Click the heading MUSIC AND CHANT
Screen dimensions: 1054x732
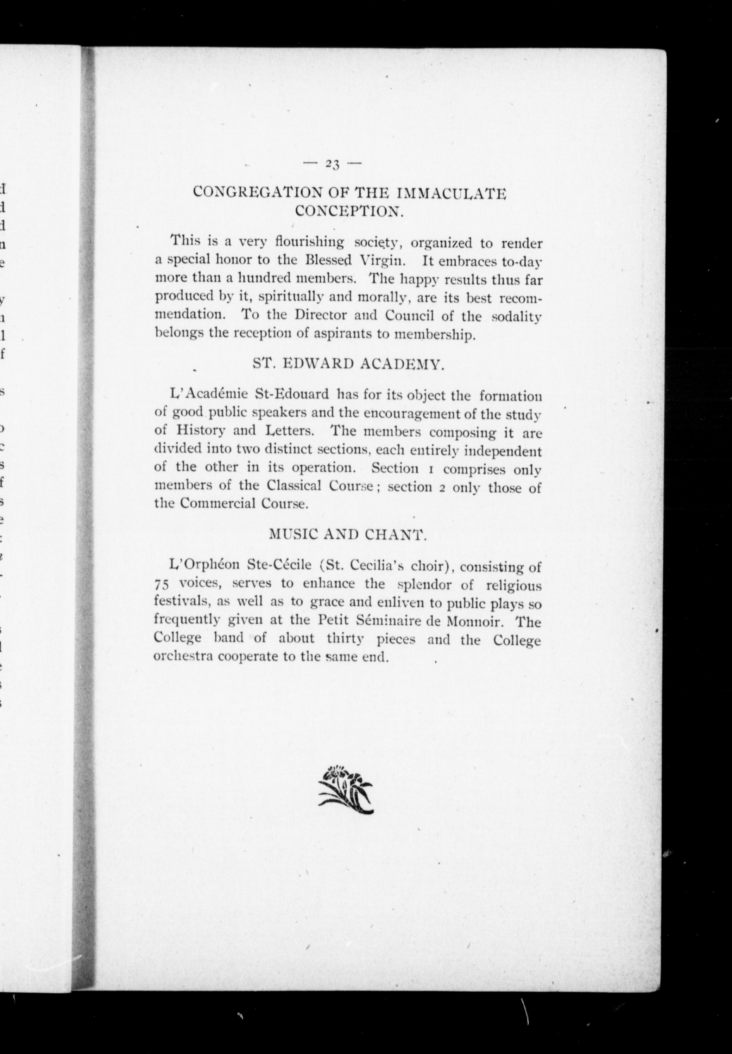point(347,534)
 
